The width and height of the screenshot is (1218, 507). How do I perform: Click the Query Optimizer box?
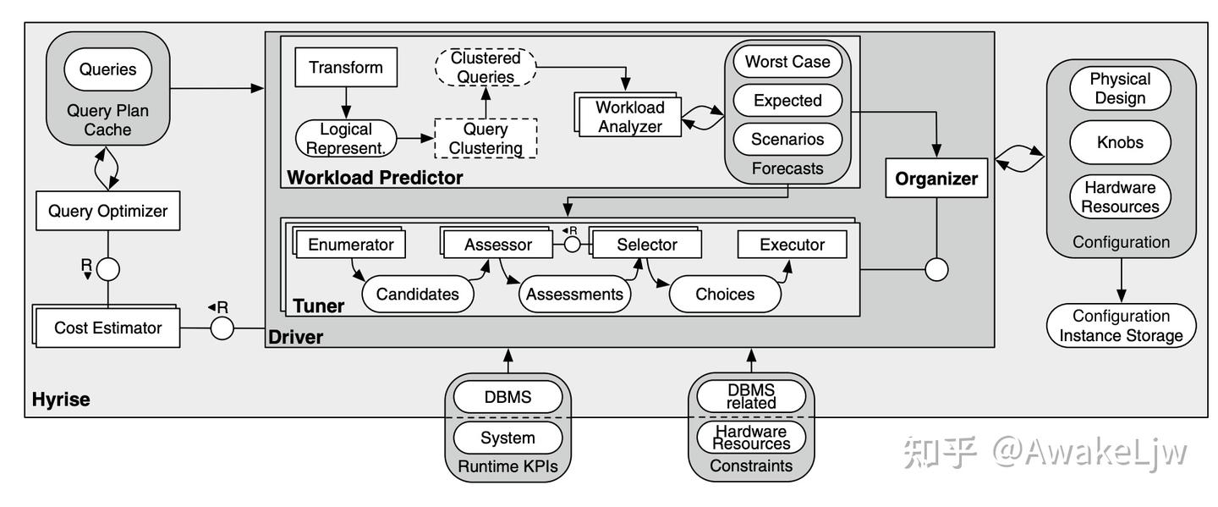107,212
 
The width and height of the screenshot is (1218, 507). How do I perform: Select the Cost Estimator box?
107,328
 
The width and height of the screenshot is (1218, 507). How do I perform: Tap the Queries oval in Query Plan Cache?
108,70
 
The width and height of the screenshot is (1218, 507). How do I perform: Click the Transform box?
346,68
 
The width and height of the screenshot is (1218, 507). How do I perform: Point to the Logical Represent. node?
345,138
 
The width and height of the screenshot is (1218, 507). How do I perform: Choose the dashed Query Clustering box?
486,139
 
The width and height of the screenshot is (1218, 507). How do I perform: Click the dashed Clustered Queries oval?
486,67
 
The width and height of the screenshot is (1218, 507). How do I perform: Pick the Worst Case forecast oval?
787,62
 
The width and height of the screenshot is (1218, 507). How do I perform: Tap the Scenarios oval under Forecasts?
787,140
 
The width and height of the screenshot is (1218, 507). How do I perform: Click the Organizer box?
936,179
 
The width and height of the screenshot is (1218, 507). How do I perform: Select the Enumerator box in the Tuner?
351,245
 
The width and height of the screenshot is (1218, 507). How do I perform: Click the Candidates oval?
417,295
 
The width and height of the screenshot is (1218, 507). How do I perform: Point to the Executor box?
792,245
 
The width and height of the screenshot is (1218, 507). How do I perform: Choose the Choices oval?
724,295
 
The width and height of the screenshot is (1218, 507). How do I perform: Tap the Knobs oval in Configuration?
1121,142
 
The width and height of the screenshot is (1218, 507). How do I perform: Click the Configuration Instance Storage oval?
1121,326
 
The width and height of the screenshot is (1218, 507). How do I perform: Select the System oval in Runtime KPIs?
507,438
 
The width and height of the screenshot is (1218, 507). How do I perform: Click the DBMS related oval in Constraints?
749,395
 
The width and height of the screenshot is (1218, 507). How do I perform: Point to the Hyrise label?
60,399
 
